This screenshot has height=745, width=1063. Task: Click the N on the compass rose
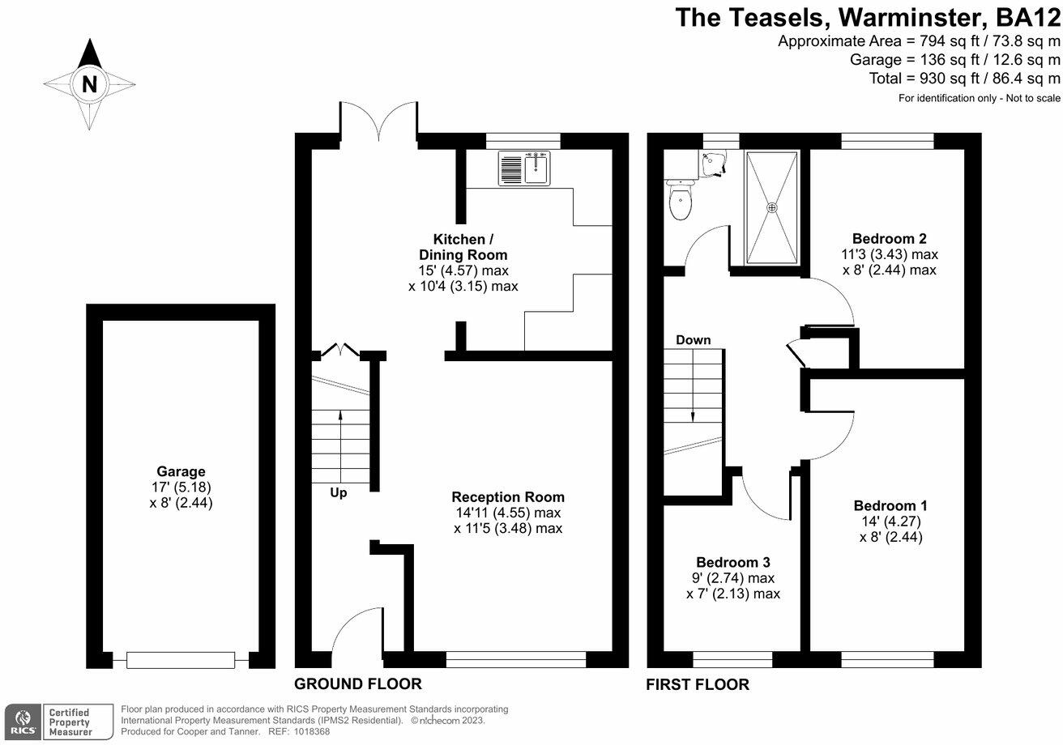[89, 83]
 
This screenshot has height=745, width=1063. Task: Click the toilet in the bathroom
[679, 201]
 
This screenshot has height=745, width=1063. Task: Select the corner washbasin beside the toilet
[714, 164]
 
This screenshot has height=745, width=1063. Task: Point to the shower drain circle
[771, 207]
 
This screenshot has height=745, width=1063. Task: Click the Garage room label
[181, 471]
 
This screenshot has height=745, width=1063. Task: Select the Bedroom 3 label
[732, 562]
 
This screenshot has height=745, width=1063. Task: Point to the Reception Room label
[508, 496]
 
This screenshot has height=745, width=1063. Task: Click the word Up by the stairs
[339, 492]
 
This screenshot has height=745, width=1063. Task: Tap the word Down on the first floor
[693, 340]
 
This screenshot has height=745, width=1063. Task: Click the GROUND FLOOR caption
[357, 683]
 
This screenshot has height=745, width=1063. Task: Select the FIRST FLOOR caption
[698, 684]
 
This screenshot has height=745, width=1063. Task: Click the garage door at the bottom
[181, 660]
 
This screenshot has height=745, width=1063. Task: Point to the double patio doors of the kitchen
[379, 121]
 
